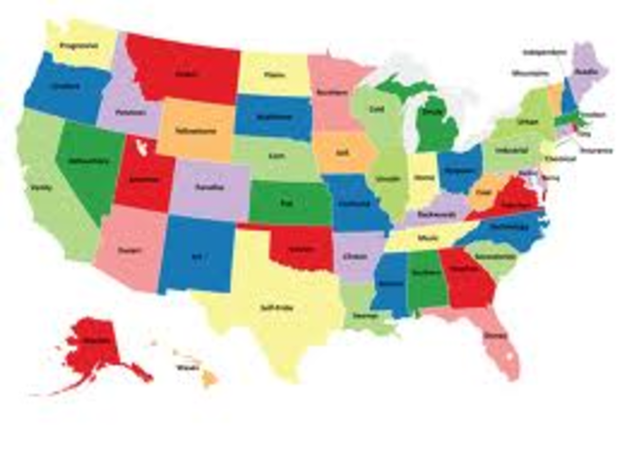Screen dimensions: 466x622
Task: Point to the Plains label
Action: click(x=273, y=73)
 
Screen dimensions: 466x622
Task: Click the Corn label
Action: click(x=277, y=156)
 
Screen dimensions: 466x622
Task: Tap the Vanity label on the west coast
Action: click(x=40, y=188)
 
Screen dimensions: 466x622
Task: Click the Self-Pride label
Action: click(x=276, y=307)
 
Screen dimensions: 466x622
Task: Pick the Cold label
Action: click(x=376, y=110)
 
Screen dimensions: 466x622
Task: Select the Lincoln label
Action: click(x=387, y=179)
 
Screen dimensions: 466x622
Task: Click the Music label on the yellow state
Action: click(x=428, y=237)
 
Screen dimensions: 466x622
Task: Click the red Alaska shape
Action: click(x=93, y=349)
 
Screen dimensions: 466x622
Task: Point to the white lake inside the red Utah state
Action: click(x=143, y=148)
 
